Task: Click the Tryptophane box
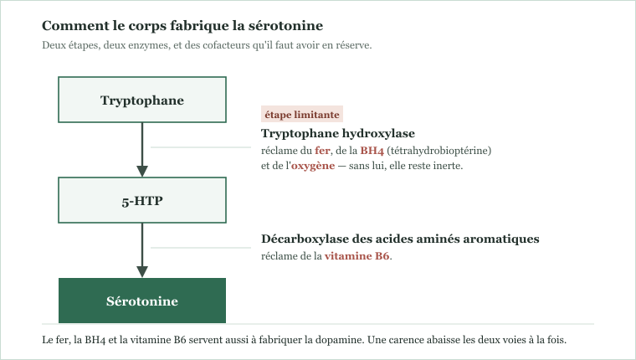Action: (x=142, y=100)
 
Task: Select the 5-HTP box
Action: (x=142, y=200)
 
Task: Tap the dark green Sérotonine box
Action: (x=142, y=301)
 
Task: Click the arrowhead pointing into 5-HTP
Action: (x=142, y=171)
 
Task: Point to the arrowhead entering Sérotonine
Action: (x=142, y=271)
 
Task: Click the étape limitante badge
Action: (x=302, y=114)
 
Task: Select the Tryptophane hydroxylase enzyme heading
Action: (x=338, y=133)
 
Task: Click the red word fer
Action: (x=322, y=151)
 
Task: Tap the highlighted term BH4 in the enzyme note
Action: (x=372, y=151)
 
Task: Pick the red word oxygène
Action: (x=313, y=166)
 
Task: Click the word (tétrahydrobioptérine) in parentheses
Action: (x=439, y=151)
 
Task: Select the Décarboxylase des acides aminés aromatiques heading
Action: (x=400, y=239)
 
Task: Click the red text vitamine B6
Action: (x=356, y=256)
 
